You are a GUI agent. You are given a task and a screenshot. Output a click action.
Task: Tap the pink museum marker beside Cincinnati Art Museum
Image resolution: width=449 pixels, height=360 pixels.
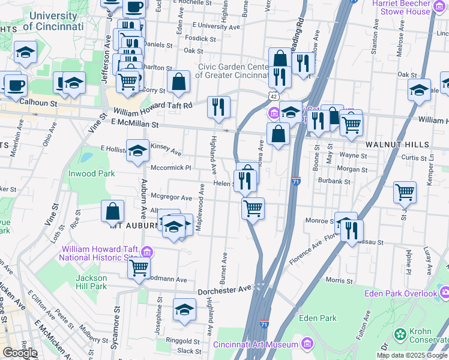307,344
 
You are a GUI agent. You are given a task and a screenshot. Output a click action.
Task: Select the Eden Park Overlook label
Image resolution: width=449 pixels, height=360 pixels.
401,293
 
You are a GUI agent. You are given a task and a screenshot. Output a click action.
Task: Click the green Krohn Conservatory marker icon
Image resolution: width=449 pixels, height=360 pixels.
400,333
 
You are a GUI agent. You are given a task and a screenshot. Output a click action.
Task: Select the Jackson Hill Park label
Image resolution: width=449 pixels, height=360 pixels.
91,282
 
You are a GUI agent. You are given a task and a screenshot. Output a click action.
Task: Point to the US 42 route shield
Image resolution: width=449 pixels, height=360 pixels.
273,96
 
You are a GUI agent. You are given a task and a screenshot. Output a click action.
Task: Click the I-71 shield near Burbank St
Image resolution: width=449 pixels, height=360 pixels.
295,181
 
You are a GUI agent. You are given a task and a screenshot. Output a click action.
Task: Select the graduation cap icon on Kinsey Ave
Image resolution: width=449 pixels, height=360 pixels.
137,151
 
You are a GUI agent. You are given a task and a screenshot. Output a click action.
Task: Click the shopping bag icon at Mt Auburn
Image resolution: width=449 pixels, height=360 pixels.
112,211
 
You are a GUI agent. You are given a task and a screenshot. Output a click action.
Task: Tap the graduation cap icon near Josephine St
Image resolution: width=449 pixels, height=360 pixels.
184,309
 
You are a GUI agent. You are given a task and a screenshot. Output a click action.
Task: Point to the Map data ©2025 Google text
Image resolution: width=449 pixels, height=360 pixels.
412,355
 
